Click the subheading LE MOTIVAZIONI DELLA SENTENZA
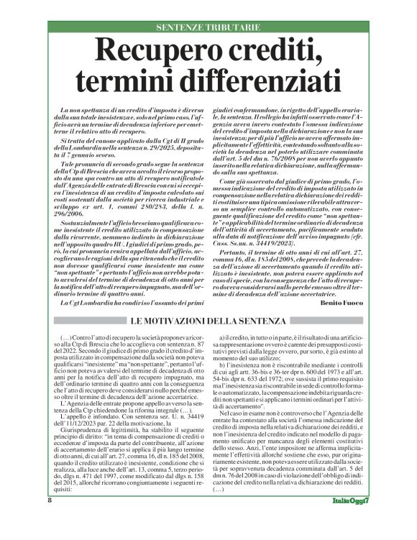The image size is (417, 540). tap(208, 320)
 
